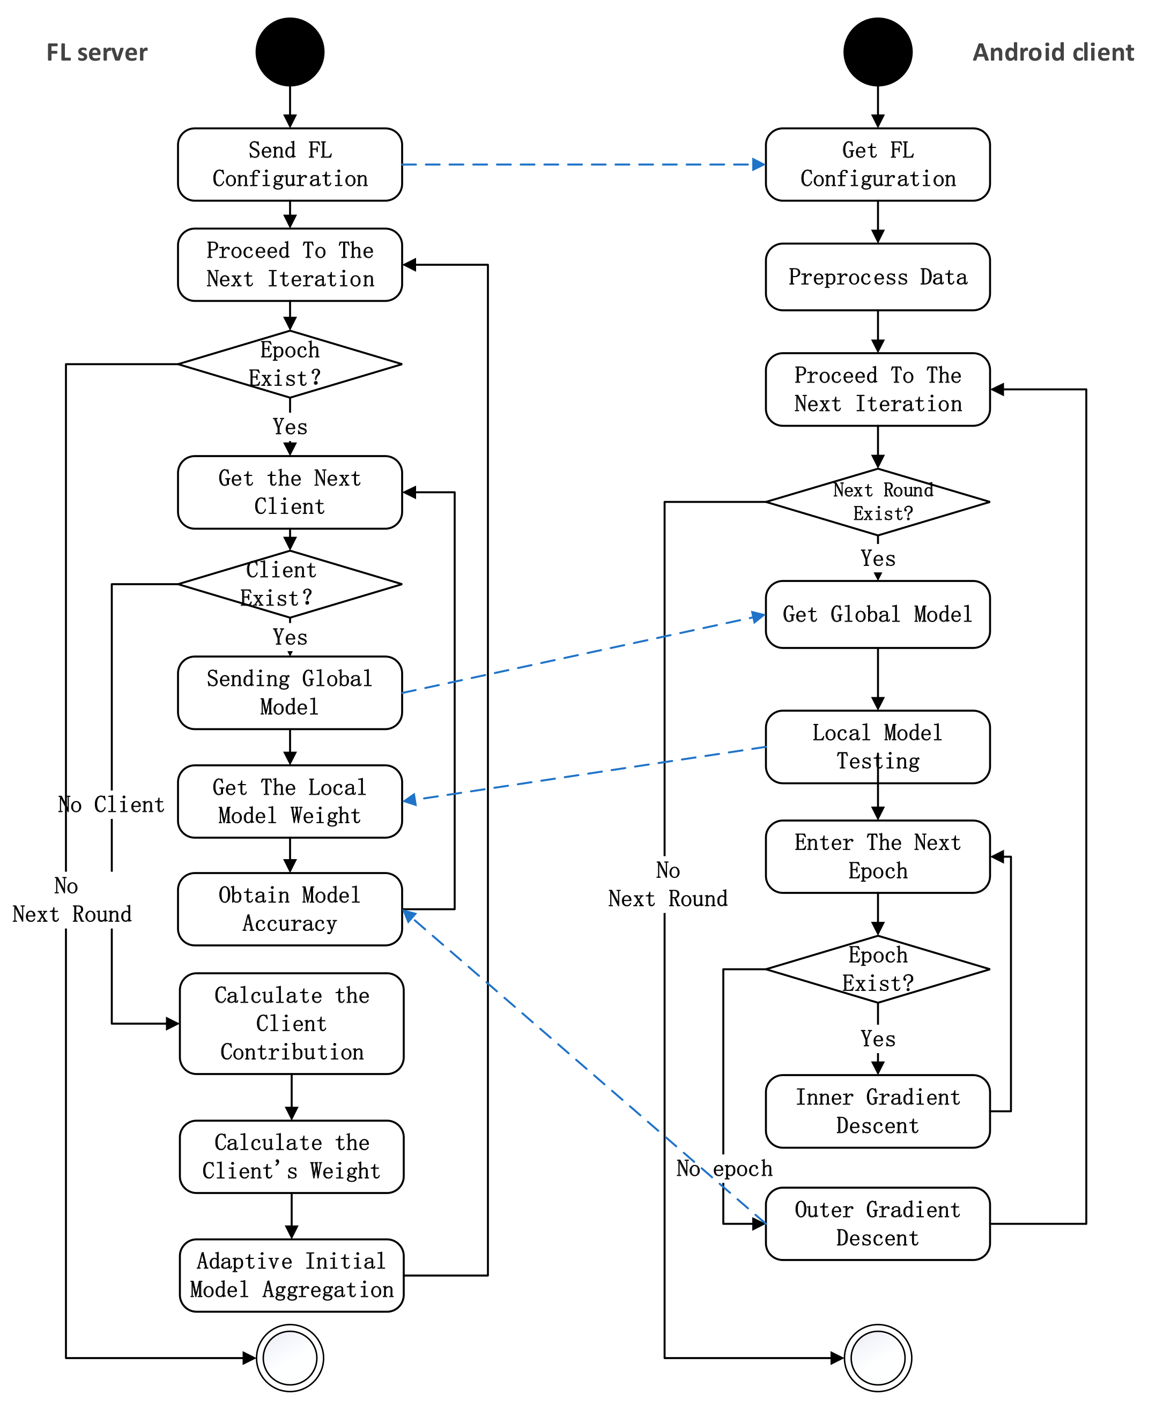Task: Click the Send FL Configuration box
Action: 290,165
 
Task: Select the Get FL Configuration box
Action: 877,165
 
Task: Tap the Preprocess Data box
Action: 877,277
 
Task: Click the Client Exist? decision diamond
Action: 290,584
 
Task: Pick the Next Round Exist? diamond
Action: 877,502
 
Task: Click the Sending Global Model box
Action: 290,692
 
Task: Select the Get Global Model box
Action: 877,614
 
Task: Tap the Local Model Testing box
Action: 877,746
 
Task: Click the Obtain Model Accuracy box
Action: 290,908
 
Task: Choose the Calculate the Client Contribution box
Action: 291,1023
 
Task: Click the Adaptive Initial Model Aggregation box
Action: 291,1274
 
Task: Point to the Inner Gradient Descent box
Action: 877,1111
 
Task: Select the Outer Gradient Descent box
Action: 877,1224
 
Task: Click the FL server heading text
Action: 97,53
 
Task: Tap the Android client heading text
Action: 1053,53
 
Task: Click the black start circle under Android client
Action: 877,52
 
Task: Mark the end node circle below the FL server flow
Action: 290,1357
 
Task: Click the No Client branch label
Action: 110,804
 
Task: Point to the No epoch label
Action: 724,1168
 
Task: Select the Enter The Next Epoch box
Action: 877,856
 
